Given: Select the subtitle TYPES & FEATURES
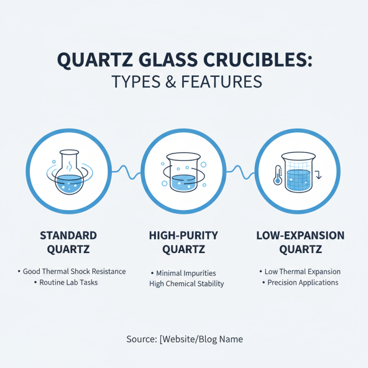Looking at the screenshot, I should tap(184, 81).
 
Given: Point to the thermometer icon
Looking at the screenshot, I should tap(277, 175).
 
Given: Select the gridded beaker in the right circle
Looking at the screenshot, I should tap(298, 174).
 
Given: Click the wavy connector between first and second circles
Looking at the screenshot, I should tap(126, 171).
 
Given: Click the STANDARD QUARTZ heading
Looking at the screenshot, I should tap(69, 243).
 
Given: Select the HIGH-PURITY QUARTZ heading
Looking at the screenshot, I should tap(184, 243).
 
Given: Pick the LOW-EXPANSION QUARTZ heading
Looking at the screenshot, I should tap(299, 243).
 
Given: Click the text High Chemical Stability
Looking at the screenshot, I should tap(186, 284).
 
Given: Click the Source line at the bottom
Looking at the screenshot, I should tap(184, 339).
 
